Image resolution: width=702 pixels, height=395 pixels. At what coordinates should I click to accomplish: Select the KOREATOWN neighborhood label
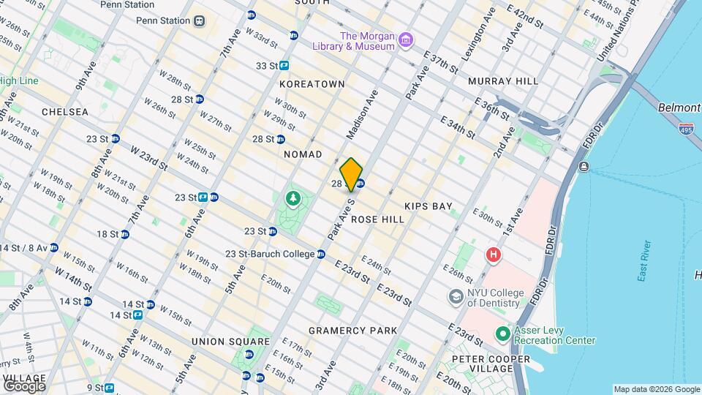coord(312,84)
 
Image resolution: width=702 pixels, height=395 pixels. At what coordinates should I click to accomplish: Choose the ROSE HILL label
coord(377,219)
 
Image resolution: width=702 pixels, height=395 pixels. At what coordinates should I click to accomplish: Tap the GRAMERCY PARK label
coord(352,331)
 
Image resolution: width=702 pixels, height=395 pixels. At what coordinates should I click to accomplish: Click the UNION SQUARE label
coord(230,342)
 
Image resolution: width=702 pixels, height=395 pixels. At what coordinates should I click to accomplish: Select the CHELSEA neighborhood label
coord(65,112)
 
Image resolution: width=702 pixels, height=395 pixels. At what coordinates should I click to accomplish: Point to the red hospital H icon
coord(494,255)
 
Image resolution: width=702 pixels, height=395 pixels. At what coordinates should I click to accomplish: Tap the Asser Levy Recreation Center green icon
coord(502,334)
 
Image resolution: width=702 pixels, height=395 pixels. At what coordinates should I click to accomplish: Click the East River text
coord(644,260)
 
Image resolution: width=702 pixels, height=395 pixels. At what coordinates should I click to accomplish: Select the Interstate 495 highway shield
coord(685,129)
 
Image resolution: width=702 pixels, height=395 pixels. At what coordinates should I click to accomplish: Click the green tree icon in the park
coord(293,197)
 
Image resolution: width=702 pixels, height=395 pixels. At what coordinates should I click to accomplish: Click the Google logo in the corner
coord(24,385)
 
